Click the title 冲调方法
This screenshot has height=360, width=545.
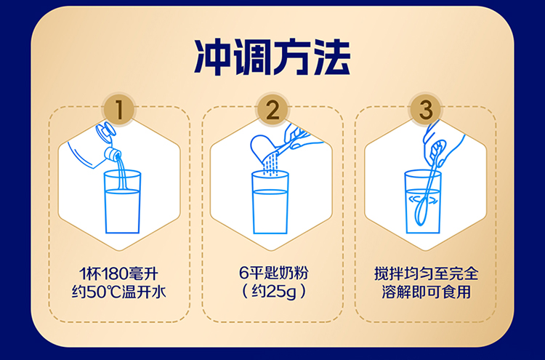(272, 57)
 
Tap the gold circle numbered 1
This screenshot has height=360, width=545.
(119, 110)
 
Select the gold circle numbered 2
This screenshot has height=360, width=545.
(272, 110)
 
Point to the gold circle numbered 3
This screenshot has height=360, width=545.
(426, 110)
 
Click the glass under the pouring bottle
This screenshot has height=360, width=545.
(122, 201)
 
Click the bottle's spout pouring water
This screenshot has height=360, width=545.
(113, 153)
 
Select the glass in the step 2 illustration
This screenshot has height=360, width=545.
(270, 202)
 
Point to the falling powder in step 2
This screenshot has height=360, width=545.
(271, 165)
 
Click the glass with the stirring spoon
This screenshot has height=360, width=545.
(423, 201)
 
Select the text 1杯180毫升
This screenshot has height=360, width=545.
(119, 273)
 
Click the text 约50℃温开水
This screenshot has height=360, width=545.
(119, 292)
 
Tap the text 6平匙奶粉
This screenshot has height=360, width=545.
(273, 273)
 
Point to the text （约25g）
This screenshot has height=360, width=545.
(273, 291)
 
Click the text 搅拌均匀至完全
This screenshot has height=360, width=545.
(426, 273)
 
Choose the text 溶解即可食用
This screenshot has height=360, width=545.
(426, 292)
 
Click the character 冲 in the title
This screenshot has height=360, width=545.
(213, 57)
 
